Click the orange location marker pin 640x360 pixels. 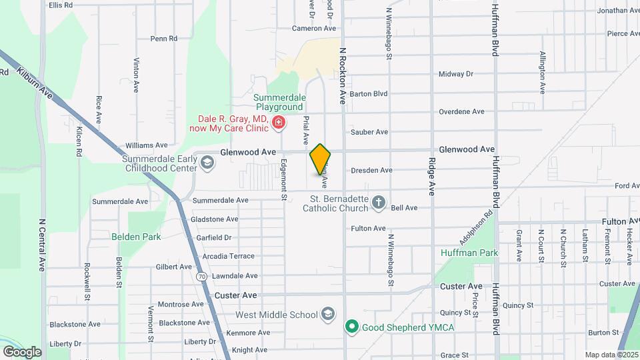click(x=320, y=159)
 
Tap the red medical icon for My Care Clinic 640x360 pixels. click(x=278, y=122)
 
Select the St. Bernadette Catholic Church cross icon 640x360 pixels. click(x=379, y=202)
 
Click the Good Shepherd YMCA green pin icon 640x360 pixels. click(x=351, y=327)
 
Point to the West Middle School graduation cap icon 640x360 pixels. click(x=328, y=314)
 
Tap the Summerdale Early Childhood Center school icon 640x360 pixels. click(x=207, y=163)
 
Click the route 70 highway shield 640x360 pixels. click(x=201, y=275)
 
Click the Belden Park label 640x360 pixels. click(x=136, y=237)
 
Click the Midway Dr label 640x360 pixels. click(x=456, y=74)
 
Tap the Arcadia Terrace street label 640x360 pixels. click(x=229, y=256)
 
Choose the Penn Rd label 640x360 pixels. click(x=163, y=39)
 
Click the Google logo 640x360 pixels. click(x=22, y=352)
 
